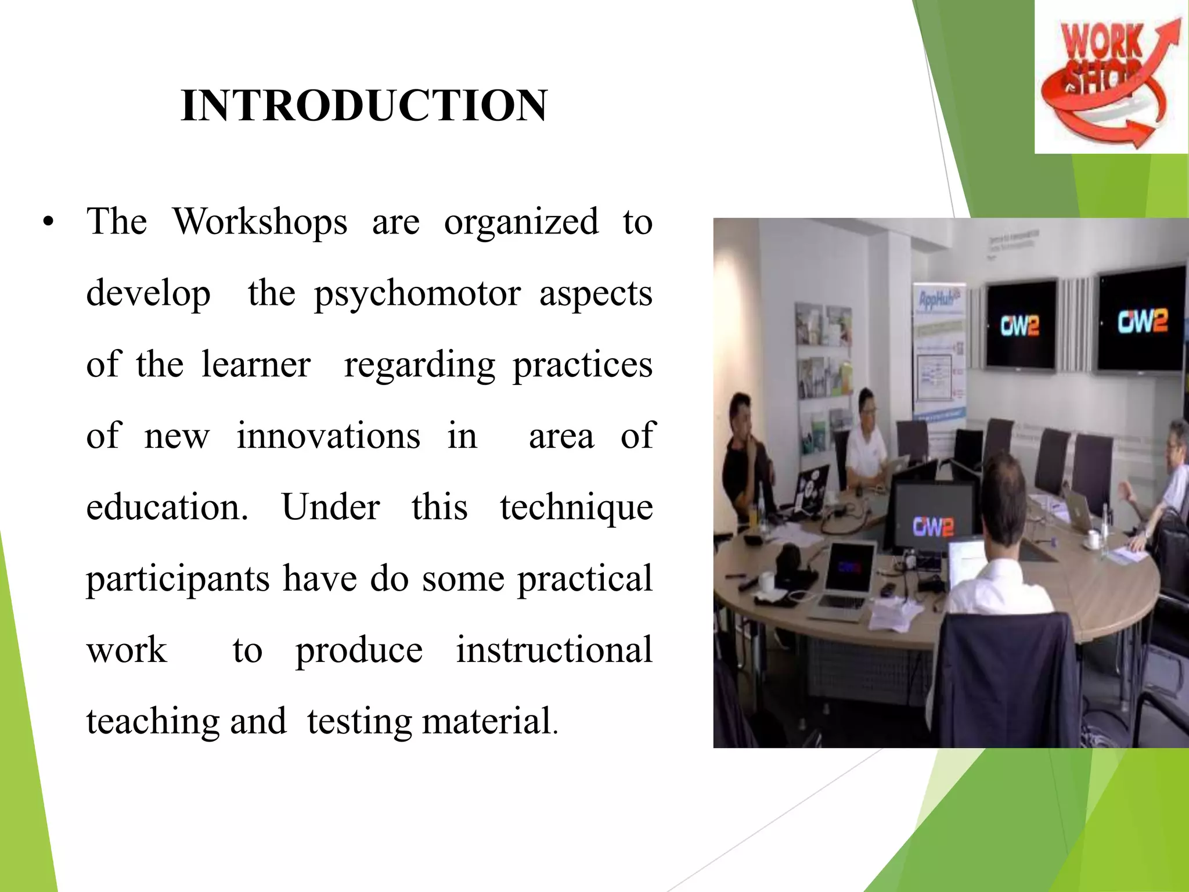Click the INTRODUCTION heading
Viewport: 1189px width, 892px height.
click(x=363, y=106)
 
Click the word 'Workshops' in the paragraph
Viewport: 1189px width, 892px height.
click(x=260, y=222)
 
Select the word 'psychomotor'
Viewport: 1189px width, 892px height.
click(x=417, y=294)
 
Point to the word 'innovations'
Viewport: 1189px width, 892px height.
click(x=328, y=436)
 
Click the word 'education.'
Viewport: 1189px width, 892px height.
click(x=167, y=508)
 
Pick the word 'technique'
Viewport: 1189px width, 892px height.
click(x=576, y=508)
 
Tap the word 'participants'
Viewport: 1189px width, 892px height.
click(x=178, y=580)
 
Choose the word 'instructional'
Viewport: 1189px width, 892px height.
click(x=554, y=650)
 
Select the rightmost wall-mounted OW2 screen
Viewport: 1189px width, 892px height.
click(x=1141, y=320)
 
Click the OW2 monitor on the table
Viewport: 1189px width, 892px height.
click(x=933, y=519)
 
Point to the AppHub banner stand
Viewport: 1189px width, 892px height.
click(x=939, y=354)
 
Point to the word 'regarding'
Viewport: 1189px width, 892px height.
click(x=420, y=365)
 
